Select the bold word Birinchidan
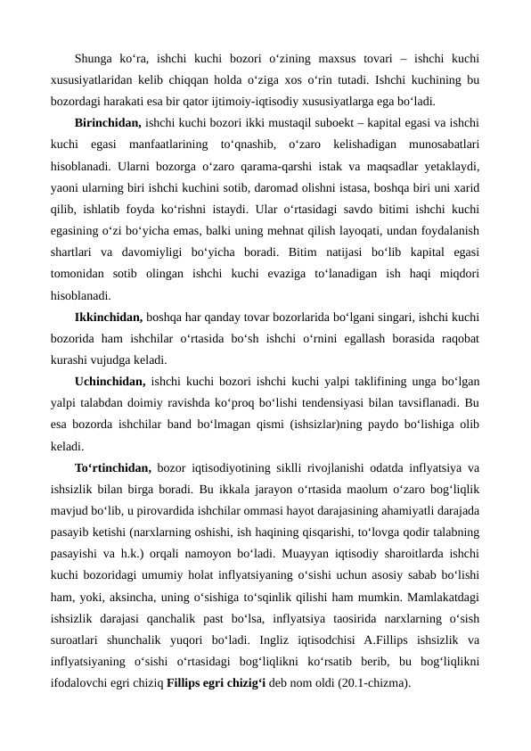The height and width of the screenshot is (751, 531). tap(105, 122)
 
